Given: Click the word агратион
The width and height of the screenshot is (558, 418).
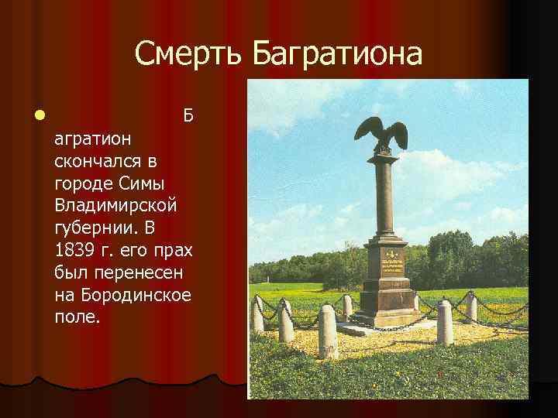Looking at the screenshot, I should coord(94,140).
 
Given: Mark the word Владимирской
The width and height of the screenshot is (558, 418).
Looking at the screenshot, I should coord(116,207).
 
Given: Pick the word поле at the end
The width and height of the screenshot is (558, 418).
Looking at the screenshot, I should coord(77,318).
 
